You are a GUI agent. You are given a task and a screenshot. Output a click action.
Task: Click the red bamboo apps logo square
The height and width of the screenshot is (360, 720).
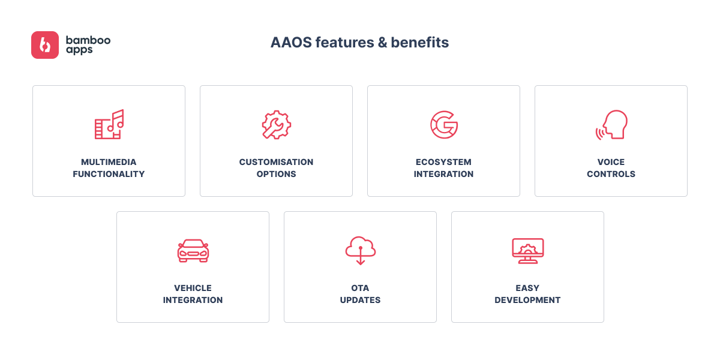[45, 45]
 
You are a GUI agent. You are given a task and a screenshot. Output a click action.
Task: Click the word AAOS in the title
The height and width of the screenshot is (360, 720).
[291, 43]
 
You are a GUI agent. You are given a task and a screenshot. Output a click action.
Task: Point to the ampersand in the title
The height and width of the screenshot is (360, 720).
[383, 43]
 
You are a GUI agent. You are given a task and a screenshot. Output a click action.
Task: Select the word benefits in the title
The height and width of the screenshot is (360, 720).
[420, 43]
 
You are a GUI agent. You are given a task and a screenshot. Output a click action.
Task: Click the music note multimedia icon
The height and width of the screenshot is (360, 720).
[109, 124]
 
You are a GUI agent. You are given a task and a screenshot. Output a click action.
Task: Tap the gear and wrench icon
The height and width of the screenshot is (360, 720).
[277, 125]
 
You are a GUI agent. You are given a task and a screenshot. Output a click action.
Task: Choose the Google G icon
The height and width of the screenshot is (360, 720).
[444, 125]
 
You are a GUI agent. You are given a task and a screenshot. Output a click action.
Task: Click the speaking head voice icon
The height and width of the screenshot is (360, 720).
[611, 125]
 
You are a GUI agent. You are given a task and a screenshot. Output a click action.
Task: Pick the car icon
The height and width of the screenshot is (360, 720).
[193, 251]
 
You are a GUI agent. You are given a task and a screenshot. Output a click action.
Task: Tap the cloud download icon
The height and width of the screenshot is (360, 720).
[361, 251]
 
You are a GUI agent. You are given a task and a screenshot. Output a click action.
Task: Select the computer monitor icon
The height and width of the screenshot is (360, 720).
[528, 251]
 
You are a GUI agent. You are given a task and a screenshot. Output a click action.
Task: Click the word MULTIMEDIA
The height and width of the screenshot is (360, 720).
[109, 162]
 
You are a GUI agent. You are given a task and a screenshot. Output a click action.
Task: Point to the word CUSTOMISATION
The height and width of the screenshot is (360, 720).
[276, 162]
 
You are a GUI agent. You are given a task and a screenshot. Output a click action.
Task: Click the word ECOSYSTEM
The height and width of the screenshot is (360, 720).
[443, 162]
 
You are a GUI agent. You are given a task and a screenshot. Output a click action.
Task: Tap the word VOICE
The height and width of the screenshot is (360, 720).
[611, 162]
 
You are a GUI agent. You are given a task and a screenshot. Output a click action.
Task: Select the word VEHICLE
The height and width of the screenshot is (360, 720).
[193, 288]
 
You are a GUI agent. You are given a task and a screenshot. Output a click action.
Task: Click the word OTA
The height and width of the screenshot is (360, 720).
[360, 288]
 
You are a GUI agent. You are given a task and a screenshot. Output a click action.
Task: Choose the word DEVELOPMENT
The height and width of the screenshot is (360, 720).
[527, 300]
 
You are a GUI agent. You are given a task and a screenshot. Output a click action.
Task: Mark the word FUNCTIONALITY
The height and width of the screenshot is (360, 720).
[109, 174]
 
